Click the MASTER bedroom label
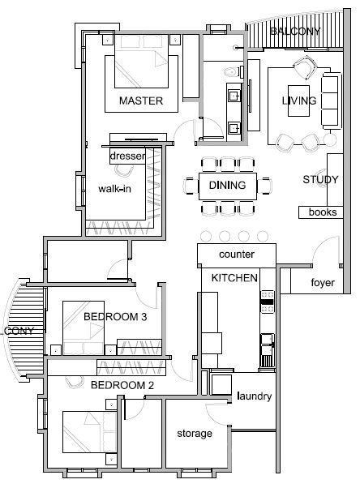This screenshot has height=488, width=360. [x=141, y=101]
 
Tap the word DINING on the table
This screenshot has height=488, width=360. [x=227, y=185]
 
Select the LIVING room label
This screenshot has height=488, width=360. [x=299, y=101]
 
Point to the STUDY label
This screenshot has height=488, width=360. [x=320, y=180]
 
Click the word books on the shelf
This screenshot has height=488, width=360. [x=323, y=212]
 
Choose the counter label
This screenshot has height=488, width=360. [x=237, y=255]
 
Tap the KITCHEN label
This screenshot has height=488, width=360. [x=234, y=278]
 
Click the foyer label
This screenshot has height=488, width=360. [x=323, y=283]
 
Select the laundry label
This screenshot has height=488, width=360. [x=254, y=396]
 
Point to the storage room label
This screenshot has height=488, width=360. [x=195, y=433]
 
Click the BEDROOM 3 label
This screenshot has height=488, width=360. [x=115, y=317]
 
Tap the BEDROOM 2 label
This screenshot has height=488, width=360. [x=122, y=385]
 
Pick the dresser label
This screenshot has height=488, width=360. [x=127, y=156]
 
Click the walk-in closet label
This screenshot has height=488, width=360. [x=114, y=189]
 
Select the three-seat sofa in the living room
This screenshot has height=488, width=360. [x=331, y=101]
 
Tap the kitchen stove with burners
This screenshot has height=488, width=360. [x=267, y=302]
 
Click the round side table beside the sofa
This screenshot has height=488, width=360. [x=330, y=139]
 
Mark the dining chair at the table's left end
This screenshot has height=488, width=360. [x=191, y=186]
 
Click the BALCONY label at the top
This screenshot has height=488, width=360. [x=295, y=32]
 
